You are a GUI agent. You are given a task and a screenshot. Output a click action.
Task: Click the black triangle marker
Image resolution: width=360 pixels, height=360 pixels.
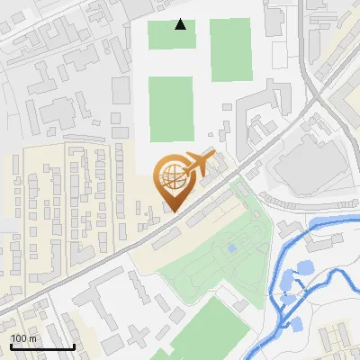pyautogui.click(x=181, y=25)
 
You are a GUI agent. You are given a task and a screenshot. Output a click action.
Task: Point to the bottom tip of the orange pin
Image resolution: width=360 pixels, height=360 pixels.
pyautogui.click(x=174, y=211)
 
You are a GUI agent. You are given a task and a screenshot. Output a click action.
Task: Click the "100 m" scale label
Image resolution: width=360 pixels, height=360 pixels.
pyautogui.click(x=24, y=338)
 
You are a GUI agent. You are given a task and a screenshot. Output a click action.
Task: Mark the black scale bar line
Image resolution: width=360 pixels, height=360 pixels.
pyautogui.click(x=42, y=346)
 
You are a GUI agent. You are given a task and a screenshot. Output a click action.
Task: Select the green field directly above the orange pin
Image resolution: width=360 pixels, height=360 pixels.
pyautogui.click(x=170, y=108)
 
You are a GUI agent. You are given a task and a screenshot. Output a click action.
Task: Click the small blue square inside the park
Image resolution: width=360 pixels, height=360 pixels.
pyautogui.click(x=232, y=247)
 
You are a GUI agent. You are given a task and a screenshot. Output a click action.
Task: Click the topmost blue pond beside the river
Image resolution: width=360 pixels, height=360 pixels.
pyautogui.click(x=304, y=267)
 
